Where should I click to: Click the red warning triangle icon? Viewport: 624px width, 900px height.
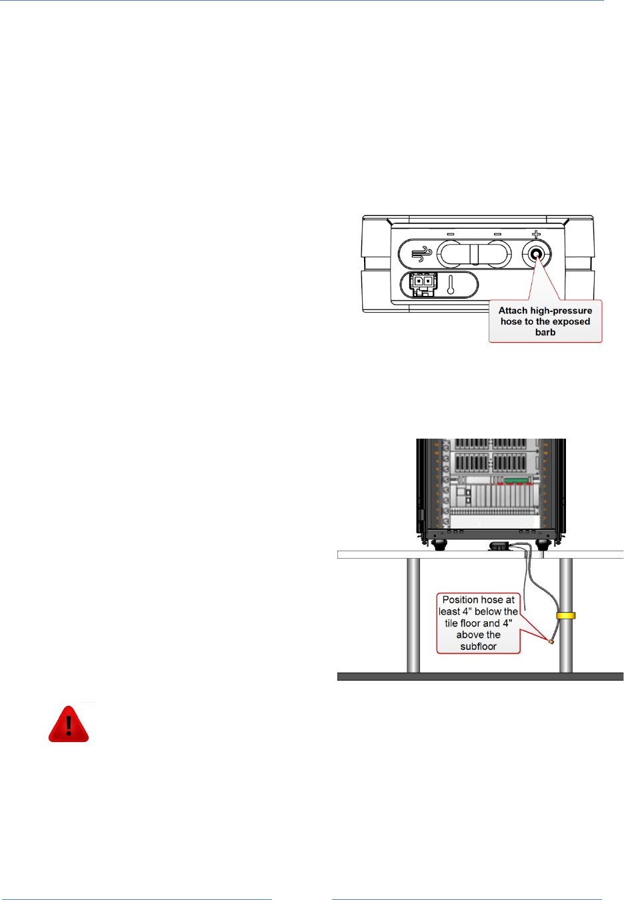click(x=69, y=725)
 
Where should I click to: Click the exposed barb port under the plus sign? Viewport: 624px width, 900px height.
click(x=536, y=254)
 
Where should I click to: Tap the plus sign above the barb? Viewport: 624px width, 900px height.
click(x=536, y=235)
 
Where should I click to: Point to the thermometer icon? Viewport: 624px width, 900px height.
click(x=451, y=285)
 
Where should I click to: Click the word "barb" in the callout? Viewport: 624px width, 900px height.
click(x=545, y=332)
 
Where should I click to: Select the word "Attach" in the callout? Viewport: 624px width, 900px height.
click(x=513, y=311)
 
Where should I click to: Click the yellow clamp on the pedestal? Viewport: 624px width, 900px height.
click(x=565, y=615)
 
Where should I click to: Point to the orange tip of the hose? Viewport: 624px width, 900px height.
click(x=551, y=642)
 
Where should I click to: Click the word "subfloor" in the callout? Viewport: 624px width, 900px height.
click(x=478, y=647)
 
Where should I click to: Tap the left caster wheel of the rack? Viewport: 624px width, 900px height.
click(x=439, y=545)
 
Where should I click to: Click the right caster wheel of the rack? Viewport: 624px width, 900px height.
click(x=541, y=545)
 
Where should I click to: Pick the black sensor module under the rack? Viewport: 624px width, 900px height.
click(x=499, y=546)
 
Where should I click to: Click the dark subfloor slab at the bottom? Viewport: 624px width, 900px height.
click(x=480, y=677)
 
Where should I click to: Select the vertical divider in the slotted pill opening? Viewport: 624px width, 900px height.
click(x=474, y=254)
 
